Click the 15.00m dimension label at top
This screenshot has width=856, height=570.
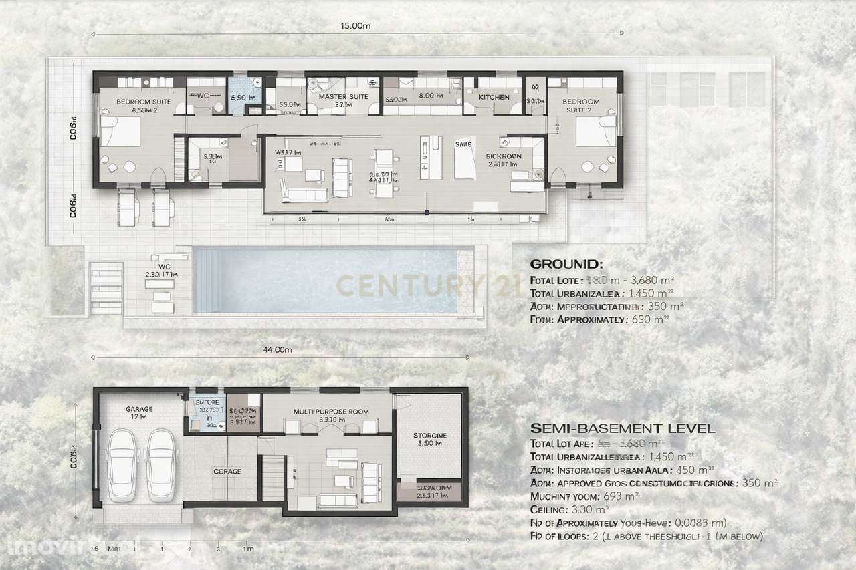[355, 26]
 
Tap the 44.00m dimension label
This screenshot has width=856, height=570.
[278, 349]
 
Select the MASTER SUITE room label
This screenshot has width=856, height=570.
[343, 97]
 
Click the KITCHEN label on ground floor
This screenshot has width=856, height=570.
[494, 98]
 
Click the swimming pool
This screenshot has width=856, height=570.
[324, 280]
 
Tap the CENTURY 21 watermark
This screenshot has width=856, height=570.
[428, 285]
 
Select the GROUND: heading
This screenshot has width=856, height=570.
[566, 264]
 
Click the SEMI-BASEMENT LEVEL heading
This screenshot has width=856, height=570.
[622, 428]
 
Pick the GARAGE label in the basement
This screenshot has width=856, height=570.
[139, 409]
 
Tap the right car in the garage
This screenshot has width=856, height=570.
[160, 464]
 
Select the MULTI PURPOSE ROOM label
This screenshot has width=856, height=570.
[331, 412]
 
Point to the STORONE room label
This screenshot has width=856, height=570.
[430, 436]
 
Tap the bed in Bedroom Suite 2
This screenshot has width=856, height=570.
[595, 130]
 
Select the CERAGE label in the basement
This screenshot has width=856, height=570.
[227, 472]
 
